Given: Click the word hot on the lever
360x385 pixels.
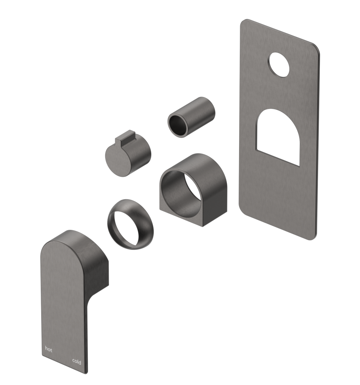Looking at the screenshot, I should (x=49, y=349).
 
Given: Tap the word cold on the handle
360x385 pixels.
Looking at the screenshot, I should (x=77, y=362).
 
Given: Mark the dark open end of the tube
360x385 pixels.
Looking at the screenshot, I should (x=178, y=124).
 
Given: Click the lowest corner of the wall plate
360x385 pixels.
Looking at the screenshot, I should (x=312, y=239).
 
